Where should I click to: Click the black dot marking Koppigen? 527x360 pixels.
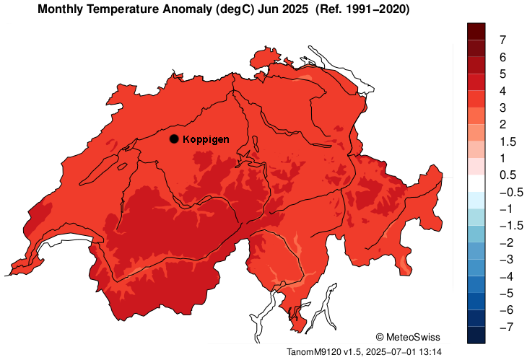[x=174, y=139]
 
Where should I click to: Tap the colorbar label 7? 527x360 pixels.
[x=502, y=39]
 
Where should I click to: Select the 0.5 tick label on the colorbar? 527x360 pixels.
[x=507, y=175]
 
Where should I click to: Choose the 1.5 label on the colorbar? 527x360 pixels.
[x=507, y=141]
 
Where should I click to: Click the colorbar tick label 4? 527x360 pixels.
[x=502, y=91]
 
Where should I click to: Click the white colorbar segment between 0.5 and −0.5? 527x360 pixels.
[x=476, y=183]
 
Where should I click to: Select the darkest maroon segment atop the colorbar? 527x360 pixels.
[x=476, y=31]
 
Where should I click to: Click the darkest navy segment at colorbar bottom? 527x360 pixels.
[x=476, y=335]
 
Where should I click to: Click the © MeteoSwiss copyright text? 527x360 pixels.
[x=408, y=337]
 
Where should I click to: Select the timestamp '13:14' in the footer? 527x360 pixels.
[x=428, y=351]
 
